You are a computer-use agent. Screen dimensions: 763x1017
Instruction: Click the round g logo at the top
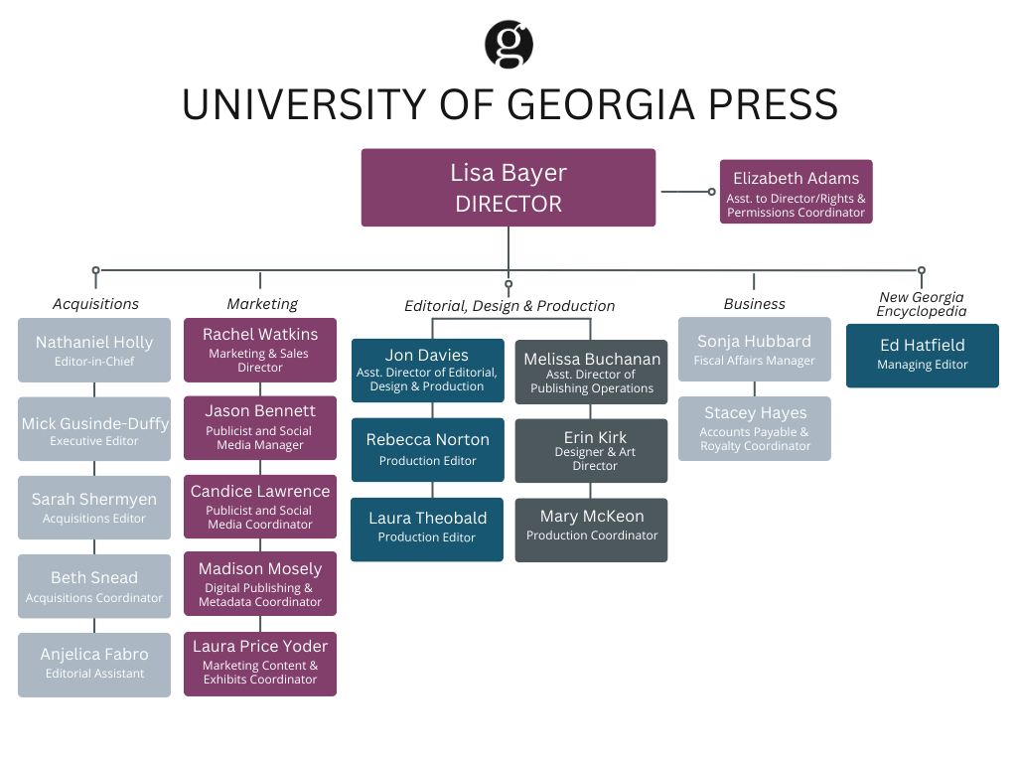[508, 45]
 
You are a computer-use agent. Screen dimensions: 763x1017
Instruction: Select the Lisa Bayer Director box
[508, 188]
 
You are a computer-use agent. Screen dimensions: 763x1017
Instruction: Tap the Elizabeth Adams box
[796, 192]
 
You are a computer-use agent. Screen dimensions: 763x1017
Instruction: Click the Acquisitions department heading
[95, 304]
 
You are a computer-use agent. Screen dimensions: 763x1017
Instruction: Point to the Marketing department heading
[261, 304]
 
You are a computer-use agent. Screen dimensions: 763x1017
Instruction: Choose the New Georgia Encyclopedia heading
[921, 304]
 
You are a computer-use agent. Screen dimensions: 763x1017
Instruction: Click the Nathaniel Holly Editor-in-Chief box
[94, 351]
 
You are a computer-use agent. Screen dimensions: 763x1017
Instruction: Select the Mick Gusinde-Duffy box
[94, 429]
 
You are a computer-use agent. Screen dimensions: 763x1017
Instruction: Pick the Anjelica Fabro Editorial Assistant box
[94, 663]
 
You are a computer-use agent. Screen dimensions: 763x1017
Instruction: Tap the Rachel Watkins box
[260, 350]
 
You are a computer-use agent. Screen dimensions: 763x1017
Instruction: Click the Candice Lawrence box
[260, 507]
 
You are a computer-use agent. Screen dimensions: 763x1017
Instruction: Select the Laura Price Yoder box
[260, 663]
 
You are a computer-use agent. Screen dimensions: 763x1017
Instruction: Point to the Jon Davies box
[427, 371]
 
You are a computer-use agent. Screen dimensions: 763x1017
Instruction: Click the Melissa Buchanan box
[591, 372]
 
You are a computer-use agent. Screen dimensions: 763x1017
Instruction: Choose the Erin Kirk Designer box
[591, 451]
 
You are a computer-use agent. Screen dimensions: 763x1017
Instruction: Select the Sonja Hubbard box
[754, 350]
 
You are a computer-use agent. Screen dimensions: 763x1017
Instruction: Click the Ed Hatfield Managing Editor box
[922, 355]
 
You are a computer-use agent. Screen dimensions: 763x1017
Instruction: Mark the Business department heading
[754, 304]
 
